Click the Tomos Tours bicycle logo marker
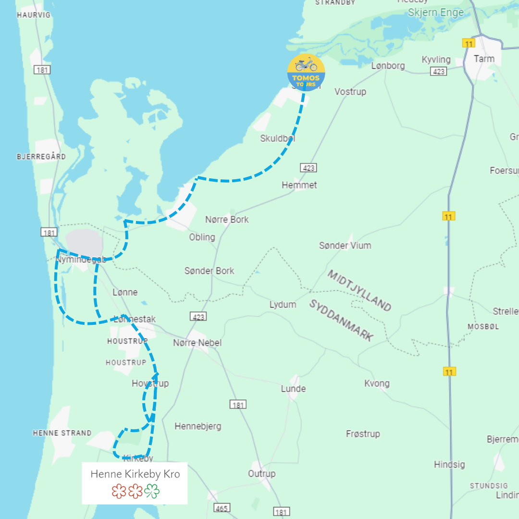coord(306,73)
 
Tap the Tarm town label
coord(483,59)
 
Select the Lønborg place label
coord(388,66)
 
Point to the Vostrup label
coord(350,91)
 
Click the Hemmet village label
coord(299,185)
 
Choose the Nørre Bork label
coord(227,219)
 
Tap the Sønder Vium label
coord(345,246)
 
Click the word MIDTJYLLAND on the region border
coord(359,290)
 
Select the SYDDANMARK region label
coord(341,320)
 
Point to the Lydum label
coord(283,305)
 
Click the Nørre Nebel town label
coord(198,343)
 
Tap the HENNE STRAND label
coord(62,433)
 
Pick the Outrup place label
coord(262,474)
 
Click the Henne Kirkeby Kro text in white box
coord(135,474)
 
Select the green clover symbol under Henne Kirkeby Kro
coord(152,492)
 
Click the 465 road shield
coord(222,507)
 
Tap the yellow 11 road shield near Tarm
coord(469,43)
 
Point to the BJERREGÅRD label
coord(41,157)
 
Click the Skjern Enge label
coord(435,12)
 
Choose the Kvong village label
coord(377,383)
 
